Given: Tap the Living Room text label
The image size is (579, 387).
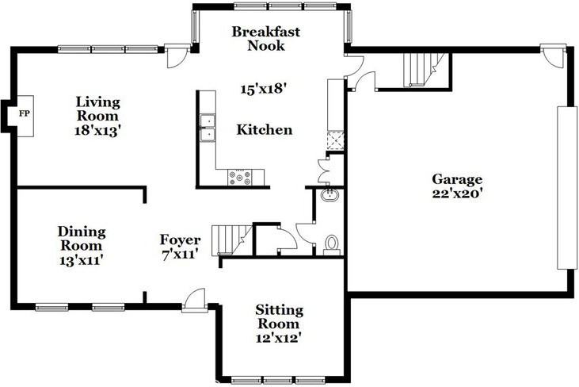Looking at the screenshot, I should coord(98,108).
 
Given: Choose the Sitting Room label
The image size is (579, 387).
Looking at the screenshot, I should coord(277,316).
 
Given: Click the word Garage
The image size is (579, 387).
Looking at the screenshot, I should coord(456,179).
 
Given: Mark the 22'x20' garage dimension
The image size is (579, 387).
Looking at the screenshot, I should coord(456,193).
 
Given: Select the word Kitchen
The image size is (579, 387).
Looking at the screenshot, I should coord(265,130).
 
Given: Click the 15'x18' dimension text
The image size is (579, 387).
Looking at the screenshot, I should coord(263,89).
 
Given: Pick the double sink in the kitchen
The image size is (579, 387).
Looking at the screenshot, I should coord(208,128).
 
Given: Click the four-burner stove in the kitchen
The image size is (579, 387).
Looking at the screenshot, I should coord(240,178).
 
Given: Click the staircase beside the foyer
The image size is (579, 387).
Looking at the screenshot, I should coord(235,237).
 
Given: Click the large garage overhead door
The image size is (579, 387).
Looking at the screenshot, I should coord(567,187).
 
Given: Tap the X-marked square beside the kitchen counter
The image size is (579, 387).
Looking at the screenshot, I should coord(335,143).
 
